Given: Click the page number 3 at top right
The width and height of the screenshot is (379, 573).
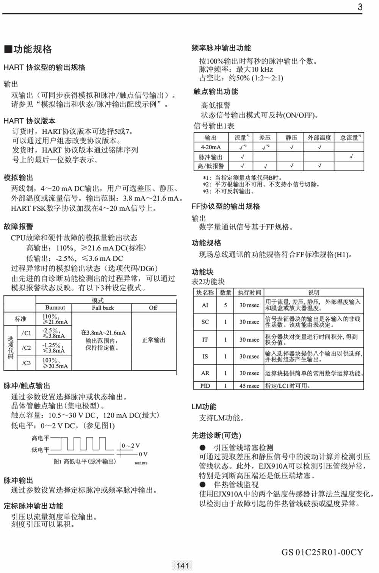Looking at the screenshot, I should pos(360,7).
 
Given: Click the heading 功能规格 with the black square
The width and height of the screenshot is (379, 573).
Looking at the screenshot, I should pos(28,49).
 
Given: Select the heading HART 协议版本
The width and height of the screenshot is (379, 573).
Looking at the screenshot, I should pos(29,121).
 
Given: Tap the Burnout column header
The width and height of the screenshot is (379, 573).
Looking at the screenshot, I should pos(55,308).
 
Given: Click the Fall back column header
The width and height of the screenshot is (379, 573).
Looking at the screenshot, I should pos(103,308).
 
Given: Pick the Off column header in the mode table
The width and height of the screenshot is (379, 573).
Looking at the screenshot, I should pos(153,308).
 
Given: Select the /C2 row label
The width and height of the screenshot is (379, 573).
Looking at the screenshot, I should pos(26,348).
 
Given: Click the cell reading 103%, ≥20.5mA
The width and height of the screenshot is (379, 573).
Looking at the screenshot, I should pos(55,363).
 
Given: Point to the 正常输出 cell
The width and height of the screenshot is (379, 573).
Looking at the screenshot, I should pos(153,340).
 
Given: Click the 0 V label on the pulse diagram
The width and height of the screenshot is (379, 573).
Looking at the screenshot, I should pos(143,454).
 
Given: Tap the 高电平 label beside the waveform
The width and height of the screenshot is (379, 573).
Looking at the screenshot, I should pos(40,438).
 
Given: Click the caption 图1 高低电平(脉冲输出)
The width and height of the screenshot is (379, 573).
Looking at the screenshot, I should pos(84,462).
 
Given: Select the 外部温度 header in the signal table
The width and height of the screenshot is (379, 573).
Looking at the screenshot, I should pos(319,138).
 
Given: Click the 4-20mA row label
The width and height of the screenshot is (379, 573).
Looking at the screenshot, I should pos(211,147).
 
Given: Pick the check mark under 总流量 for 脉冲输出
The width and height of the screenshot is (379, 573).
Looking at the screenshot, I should pos(351,156).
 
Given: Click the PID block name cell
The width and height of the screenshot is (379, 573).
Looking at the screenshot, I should pos(205,386).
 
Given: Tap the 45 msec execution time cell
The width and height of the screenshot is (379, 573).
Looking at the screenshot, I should pos(249,386).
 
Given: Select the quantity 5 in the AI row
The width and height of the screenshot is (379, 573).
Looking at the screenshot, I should pos(226,305).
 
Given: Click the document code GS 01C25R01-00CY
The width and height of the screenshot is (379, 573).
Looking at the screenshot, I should pos(322,552).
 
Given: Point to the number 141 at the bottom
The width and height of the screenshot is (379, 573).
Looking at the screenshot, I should pos(183,565).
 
